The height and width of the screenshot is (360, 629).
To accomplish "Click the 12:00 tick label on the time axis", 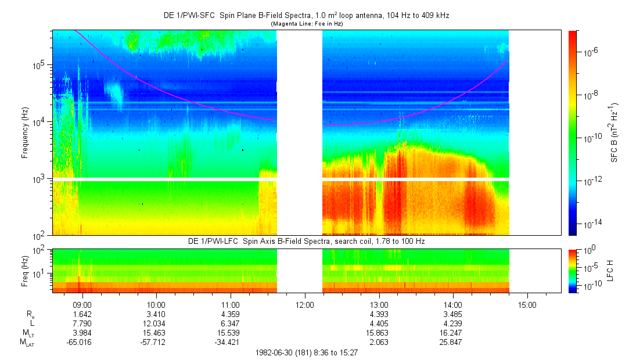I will tap(305, 304).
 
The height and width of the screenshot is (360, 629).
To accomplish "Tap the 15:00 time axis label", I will tap(527, 304).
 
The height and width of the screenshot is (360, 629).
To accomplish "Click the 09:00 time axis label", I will tap(82, 304).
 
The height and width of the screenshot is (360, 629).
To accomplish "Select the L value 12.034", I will tap(156, 323).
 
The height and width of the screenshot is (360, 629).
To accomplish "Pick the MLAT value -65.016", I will tap(82, 342).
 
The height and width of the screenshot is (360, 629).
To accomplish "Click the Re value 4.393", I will tap(379, 314).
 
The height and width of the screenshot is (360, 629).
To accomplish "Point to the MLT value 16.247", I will tap(452, 333).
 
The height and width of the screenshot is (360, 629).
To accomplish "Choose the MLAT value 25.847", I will tap(452, 342).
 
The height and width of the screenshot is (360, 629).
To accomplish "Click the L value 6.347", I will tap(231, 323).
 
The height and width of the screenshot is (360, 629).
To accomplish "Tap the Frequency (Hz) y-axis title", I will tap(25, 134).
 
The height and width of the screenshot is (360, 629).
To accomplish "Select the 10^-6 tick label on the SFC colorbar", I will tap(592, 52).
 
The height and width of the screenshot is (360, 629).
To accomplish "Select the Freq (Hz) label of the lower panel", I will tap(25, 271).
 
